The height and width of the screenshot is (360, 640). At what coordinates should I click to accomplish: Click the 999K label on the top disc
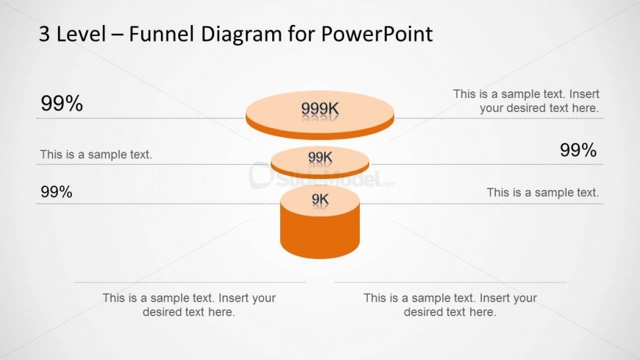pyautogui.click(x=320, y=110)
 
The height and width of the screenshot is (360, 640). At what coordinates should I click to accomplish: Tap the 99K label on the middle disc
pyautogui.click(x=320, y=157)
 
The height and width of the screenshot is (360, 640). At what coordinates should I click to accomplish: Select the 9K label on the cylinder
pyautogui.click(x=320, y=199)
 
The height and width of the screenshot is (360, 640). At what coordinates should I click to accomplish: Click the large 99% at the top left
pyautogui.click(x=62, y=104)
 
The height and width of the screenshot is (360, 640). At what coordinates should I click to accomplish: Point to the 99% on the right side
pyautogui.click(x=578, y=150)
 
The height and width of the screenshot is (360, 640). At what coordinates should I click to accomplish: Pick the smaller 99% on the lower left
pyautogui.click(x=57, y=193)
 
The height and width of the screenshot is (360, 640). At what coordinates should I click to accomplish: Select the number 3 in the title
pyautogui.click(x=45, y=34)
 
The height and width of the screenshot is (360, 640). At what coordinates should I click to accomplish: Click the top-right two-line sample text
pyautogui.click(x=526, y=101)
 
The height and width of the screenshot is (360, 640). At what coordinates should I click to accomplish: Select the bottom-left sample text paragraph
pyautogui.click(x=189, y=305)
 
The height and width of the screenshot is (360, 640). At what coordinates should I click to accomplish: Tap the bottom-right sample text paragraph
pyautogui.click(x=450, y=305)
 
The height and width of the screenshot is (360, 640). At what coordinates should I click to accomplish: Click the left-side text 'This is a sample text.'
pyautogui.click(x=96, y=155)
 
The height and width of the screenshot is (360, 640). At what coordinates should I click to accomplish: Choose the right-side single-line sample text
pyautogui.click(x=543, y=193)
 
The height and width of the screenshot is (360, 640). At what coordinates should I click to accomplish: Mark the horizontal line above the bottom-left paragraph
pyautogui.click(x=189, y=282)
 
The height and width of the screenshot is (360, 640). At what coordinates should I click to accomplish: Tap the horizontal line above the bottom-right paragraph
pyautogui.click(x=450, y=282)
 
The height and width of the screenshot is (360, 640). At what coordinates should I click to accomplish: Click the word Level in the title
pyautogui.click(x=80, y=34)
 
